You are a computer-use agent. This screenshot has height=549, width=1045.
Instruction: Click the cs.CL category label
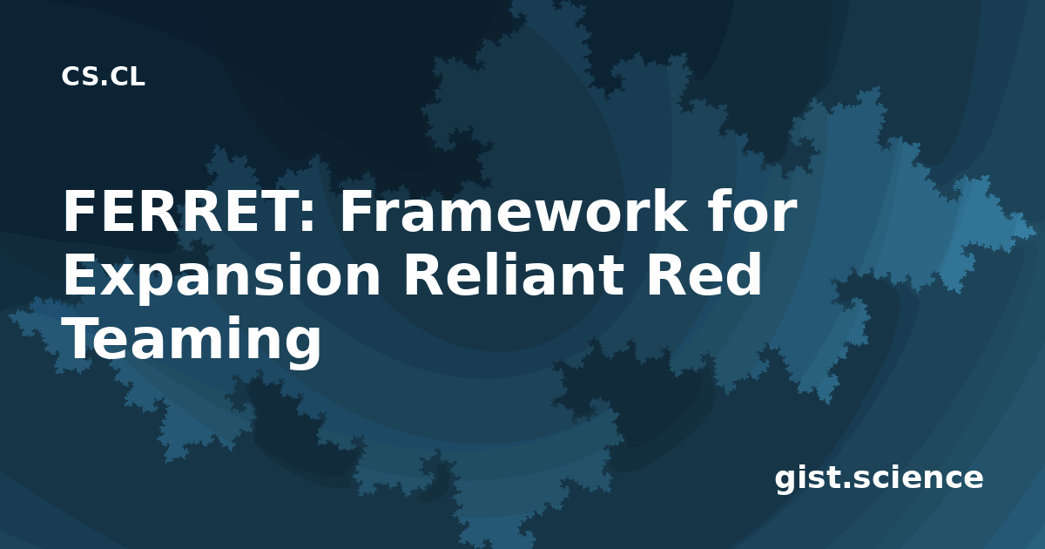click(103, 77)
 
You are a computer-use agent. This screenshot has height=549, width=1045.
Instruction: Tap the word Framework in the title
click(513, 211)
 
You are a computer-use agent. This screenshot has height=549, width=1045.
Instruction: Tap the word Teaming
click(192, 342)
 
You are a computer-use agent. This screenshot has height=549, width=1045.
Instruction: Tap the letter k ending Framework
click(666, 211)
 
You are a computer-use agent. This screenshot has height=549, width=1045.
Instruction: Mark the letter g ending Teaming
click(301, 349)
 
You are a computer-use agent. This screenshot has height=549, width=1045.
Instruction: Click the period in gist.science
click(848, 485)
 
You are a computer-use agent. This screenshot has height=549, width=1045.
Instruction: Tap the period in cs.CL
click(104, 83)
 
